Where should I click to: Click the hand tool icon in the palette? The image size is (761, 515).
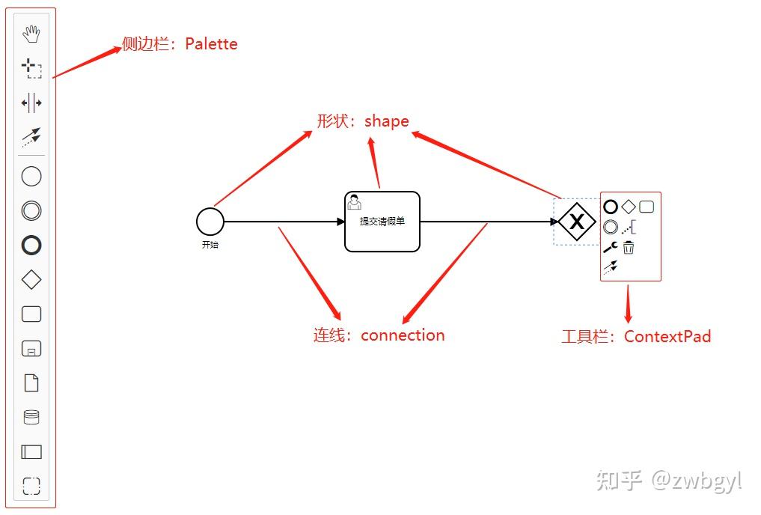(x=31, y=34)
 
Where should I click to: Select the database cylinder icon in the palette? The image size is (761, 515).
(x=31, y=417)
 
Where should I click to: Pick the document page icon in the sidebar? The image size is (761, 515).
(x=31, y=383)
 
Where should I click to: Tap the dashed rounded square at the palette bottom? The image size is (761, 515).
(x=31, y=486)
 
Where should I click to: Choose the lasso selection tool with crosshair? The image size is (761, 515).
(x=31, y=69)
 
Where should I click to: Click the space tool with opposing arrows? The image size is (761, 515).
(x=31, y=103)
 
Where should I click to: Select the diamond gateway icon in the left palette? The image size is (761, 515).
(x=31, y=280)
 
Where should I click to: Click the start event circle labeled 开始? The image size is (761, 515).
(x=210, y=222)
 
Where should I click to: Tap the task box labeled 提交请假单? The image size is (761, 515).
(x=382, y=222)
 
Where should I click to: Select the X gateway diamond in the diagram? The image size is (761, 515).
(x=577, y=222)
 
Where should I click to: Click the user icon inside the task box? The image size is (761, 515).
(x=355, y=202)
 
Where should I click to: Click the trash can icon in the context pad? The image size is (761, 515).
(x=629, y=247)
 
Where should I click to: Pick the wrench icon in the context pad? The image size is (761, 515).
(x=610, y=247)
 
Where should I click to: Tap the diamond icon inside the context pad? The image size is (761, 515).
(x=629, y=207)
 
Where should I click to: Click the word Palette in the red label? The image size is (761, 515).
(x=212, y=44)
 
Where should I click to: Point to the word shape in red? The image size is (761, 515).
(x=387, y=121)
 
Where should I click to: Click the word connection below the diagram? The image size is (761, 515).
(x=403, y=335)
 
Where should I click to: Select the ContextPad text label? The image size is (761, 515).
(x=667, y=336)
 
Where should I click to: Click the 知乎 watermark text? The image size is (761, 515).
(x=619, y=480)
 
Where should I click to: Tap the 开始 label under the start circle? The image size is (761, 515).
(x=210, y=245)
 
